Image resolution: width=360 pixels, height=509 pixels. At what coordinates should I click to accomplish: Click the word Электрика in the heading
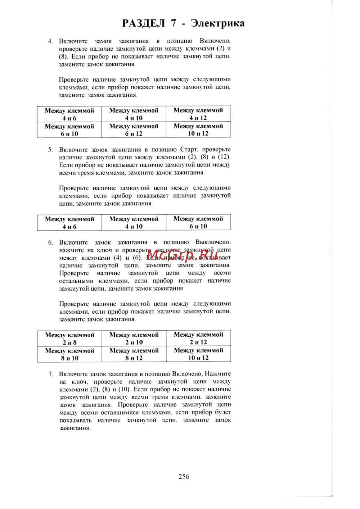click(218, 23)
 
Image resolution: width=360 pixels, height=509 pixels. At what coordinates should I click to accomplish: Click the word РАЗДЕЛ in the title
click(143, 23)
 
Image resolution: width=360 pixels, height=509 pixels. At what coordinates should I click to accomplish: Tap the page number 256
click(184, 477)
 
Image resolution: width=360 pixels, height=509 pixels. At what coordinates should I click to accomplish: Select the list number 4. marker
click(50, 41)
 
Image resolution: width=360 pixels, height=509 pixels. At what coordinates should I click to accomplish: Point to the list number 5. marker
click(50, 150)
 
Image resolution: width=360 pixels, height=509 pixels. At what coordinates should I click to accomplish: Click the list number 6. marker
click(50, 242)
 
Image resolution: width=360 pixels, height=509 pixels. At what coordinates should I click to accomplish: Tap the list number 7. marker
click(51, 374)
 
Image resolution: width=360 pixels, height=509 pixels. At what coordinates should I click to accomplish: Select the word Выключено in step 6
click(213, 242)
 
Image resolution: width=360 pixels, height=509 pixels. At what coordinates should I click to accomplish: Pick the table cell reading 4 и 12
click(198, 114)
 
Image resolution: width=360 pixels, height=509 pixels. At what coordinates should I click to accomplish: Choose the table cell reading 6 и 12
click(134, 130)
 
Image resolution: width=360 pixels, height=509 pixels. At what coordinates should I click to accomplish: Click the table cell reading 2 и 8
click(69, 339)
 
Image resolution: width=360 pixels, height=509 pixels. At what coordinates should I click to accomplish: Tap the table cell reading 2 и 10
click(134, 338)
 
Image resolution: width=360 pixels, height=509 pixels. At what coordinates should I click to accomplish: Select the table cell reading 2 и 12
click(198, 338)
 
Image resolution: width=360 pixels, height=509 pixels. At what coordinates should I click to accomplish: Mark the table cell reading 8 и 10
click(69, 354)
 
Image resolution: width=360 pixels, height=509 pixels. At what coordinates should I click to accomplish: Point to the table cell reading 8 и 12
click(134, 354)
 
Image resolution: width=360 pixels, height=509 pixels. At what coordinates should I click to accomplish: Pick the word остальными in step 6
click(76, 281)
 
